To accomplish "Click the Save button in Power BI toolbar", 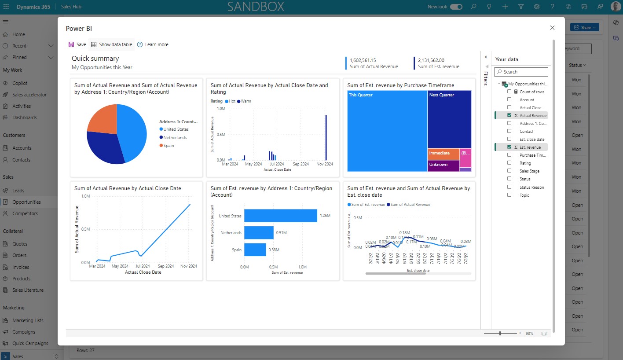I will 77,44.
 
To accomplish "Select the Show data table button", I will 111,44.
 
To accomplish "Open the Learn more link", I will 153,44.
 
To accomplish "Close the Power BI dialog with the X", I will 552,28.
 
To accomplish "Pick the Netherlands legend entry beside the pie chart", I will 175,137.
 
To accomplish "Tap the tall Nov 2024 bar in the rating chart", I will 326,138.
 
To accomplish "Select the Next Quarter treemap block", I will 449,119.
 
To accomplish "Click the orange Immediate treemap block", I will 443,154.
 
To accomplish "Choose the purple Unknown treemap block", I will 443,165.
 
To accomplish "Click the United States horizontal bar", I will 281,216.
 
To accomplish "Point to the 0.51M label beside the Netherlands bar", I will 281,233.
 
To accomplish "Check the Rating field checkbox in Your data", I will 509,163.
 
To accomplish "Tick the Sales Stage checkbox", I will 509,171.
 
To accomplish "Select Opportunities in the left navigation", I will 26,202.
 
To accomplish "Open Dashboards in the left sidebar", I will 24,118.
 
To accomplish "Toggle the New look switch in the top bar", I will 456,7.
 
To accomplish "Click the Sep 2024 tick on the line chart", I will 166,266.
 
